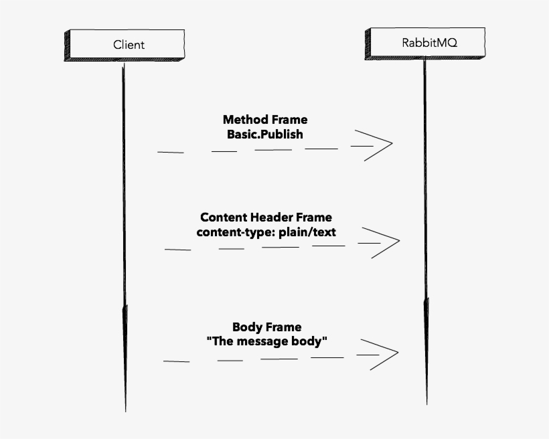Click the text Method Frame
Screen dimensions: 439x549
pyautogui.click(x=265, y=120)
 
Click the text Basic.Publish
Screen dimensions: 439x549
pyautogui.click(x=265, y=134)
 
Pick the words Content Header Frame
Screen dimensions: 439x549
pyautogui.click(x=266, y=217)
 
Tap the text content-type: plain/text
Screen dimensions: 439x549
pyautogui.click(x=266, y=232)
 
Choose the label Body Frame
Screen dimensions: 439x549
pyautogui.click(x=266, y=327)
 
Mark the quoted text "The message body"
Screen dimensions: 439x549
pyautogui.click(x=266, y=341)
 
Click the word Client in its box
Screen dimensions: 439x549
pyautogui.click(x=129, y=45)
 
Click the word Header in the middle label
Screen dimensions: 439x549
pyautogui.click(x=274, y=217)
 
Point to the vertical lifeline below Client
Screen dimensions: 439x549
pyautogui.click(x=124, y=234)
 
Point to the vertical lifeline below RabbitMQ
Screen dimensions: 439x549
pyautogui.click(x=425, y=234)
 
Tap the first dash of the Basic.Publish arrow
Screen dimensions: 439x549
pyautogui.click(x=170, y=152)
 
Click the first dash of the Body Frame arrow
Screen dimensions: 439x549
pyautogui.click(x=176, y=361)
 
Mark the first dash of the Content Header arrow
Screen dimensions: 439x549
pyautogui.click(x=177, y=250)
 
